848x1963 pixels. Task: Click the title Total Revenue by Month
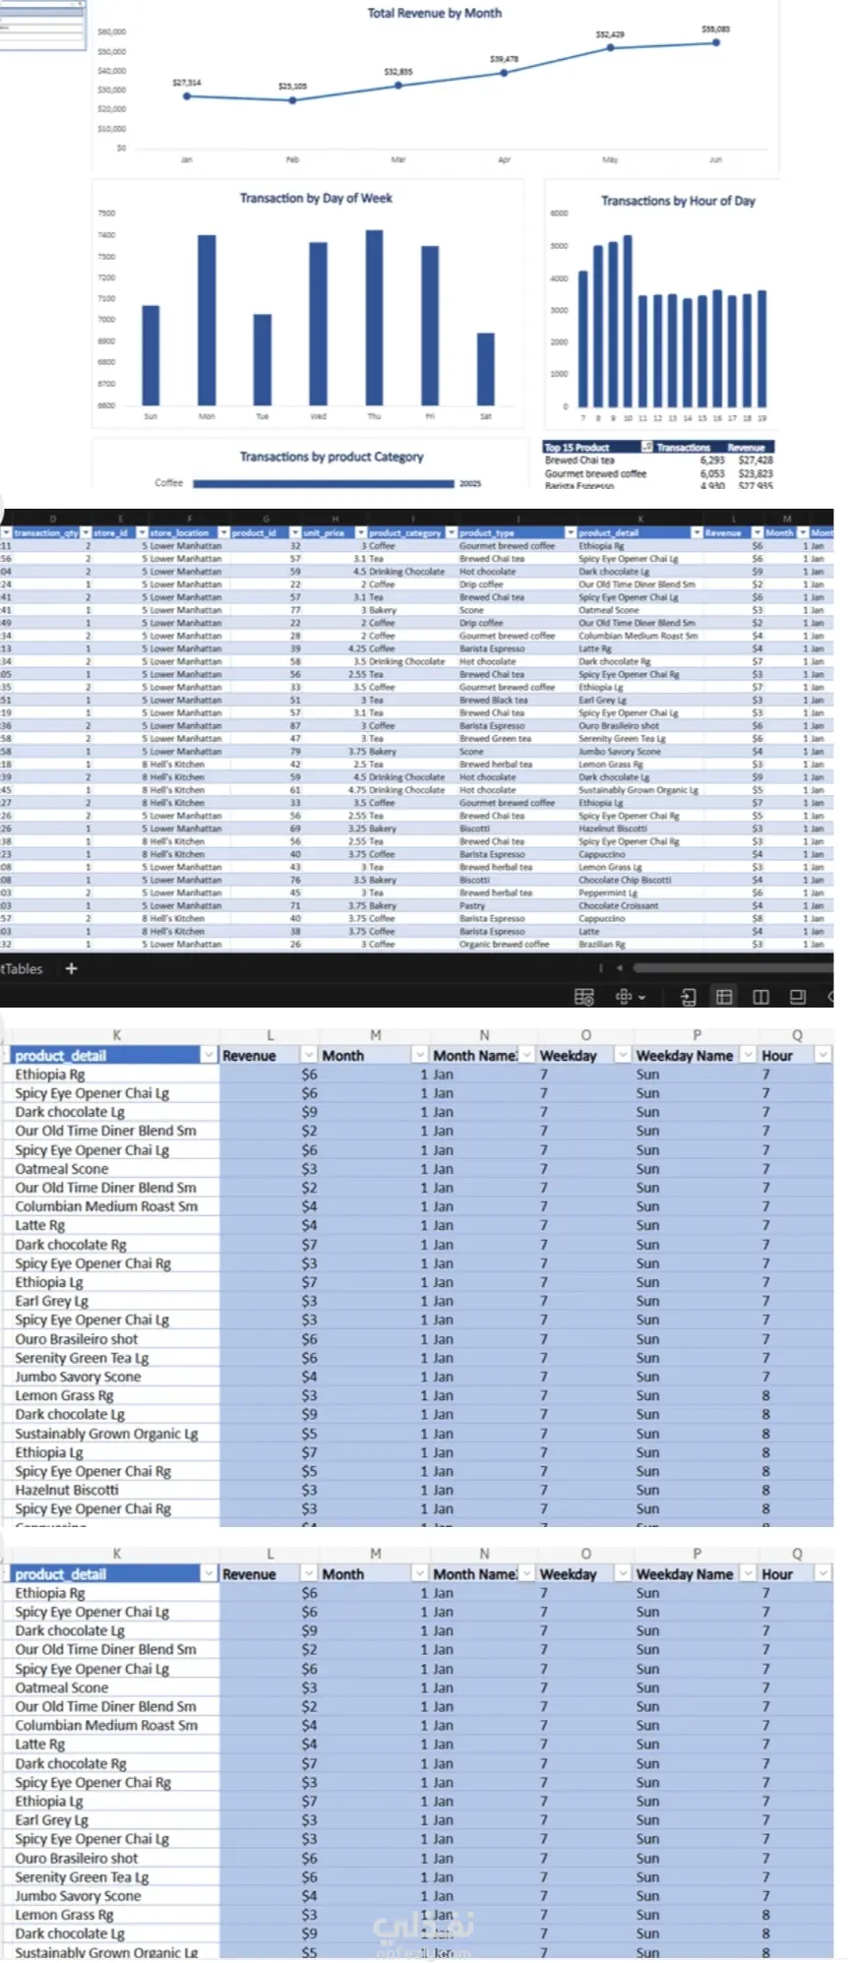click(434, 14)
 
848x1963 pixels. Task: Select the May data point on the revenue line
click(610, 47)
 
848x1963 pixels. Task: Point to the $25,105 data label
click(292, 87)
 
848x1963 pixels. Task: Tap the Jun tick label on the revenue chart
click(715, 159)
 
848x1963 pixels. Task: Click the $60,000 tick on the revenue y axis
click(112, 32)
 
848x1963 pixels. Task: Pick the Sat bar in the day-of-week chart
click(485, 369)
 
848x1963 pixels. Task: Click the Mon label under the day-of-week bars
click(207, 417)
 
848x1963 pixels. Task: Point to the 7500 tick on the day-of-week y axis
click(106, 214)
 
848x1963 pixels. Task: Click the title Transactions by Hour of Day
click(678, 201)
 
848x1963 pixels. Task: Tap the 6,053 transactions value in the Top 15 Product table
click(712, 473)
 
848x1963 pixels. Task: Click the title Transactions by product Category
click(332, 457)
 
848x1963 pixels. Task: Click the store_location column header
click(179, 532)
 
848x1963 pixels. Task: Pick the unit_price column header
click(325, 532)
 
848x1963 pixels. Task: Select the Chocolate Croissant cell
click(619, 905)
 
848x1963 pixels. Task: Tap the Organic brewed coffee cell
click(504, 944)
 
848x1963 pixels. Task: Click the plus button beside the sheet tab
click(71, 968)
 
